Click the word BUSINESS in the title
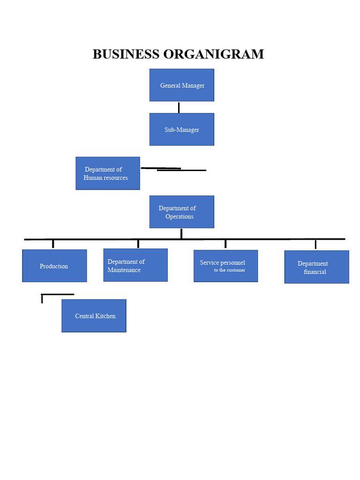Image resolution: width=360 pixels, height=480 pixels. [x=126, y=54]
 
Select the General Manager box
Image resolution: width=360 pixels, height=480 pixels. [x=182, y=85]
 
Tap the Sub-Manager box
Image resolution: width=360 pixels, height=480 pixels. [x=182, y=129]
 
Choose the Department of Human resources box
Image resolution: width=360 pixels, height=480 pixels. [x=108, y=173]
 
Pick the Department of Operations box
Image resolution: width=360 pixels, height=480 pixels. [x=182, y=212]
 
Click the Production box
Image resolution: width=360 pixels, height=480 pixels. [x=54, y=266]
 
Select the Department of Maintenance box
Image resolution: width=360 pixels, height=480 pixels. [x=135, y=265]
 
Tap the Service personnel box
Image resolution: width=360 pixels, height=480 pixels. [x=225, y=266]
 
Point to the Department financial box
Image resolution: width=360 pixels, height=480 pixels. [x=316, y=267]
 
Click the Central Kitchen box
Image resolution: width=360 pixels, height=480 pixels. [x=94, y=316]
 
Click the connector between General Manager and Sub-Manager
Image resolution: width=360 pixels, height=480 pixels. [x=179, y=107]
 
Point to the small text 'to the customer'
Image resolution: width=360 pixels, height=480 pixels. [x=230, y=270]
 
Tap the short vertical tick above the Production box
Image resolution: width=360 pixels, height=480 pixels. [x=53, y=244]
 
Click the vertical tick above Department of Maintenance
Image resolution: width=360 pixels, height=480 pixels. [x=138, y=244]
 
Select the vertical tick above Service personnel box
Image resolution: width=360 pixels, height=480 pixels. [x=225, y=244]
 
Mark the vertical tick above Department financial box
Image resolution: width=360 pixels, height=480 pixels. [x=315, y=244]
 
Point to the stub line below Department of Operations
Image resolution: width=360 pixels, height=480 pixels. [x=181, y=233]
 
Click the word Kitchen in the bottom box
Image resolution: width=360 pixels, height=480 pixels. [x=105, y=316]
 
